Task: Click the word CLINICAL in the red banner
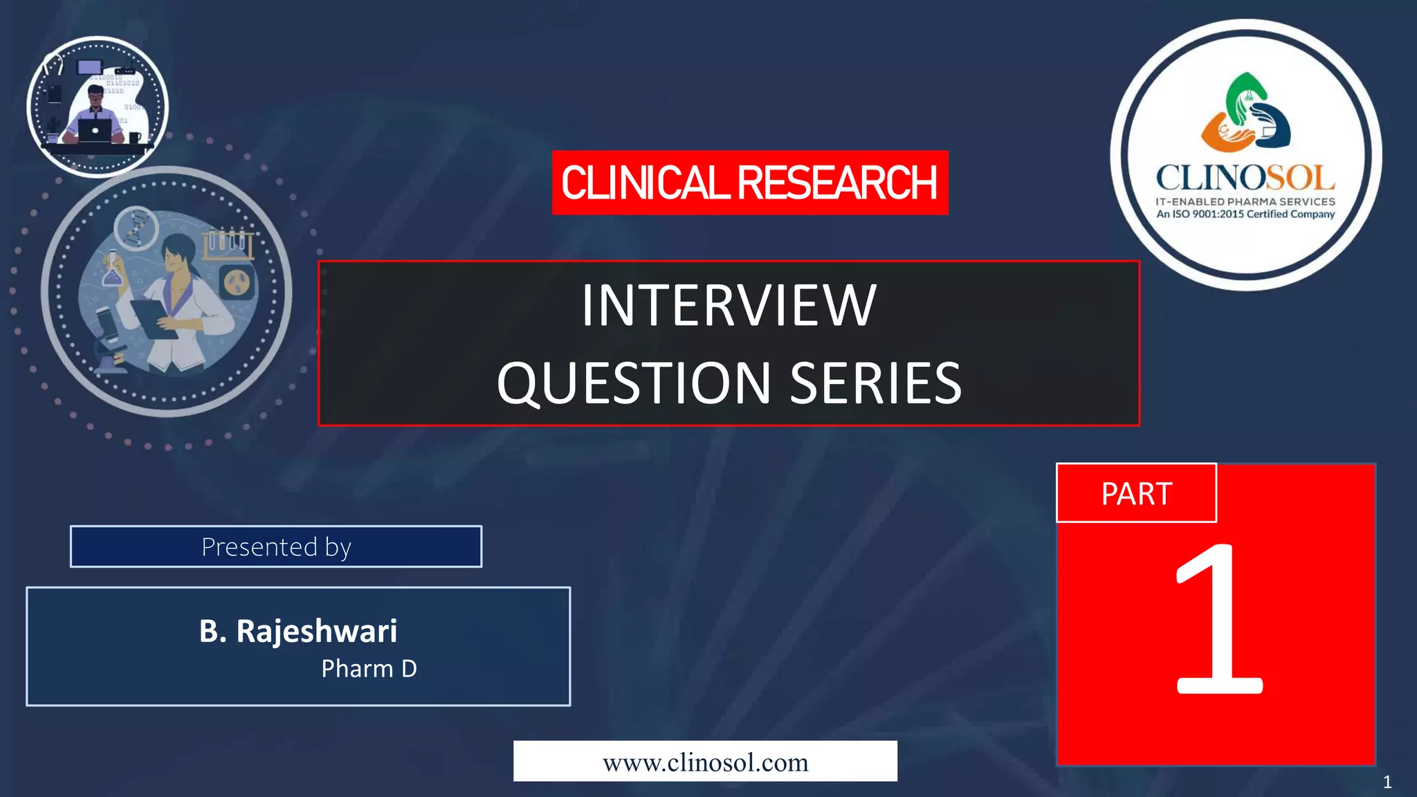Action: point(645,183)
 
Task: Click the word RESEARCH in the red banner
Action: point(837,183)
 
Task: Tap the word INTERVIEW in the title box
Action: point(729,306)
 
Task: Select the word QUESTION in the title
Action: point(634,383)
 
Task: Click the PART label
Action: point(1136,494)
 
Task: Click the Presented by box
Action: point(276,547)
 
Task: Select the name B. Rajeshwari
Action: point(298,631)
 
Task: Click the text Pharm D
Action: point(369,669)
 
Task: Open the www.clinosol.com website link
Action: point(705,762)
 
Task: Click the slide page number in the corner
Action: point(1387,782)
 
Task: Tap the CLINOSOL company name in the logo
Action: point(1245,178)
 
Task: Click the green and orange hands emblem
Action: point(1245,114)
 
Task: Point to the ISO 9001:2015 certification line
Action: point(1245,214)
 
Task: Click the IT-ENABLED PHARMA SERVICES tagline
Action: point(1245,201)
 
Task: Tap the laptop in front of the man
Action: point(95,130)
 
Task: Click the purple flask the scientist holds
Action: point(111,271)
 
